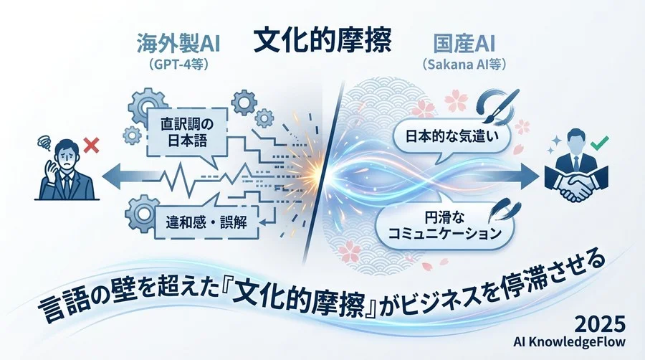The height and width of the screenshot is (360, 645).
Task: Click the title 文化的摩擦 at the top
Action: point(323,42)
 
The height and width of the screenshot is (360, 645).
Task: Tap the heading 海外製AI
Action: point(178,44)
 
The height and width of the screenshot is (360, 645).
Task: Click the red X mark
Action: point(90,146)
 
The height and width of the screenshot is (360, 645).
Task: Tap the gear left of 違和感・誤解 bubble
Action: point(139,213)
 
